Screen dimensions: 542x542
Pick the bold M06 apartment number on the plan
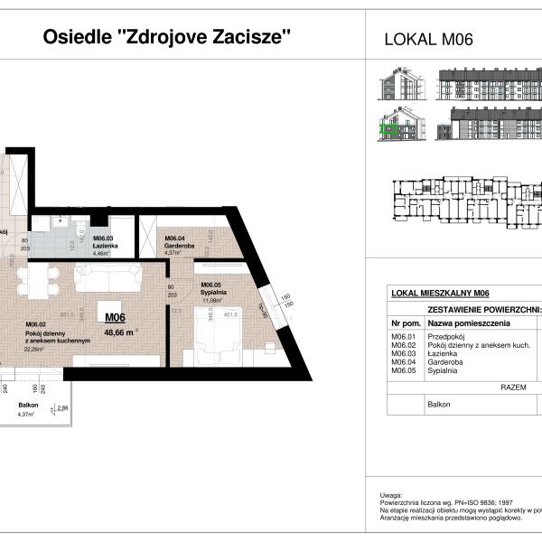[x=115, y=317]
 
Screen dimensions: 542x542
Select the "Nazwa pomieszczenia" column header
[x=469, y=323]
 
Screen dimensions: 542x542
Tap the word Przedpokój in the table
[x=446, y=337]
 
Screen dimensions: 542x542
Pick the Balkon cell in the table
[x=439, y=405]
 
